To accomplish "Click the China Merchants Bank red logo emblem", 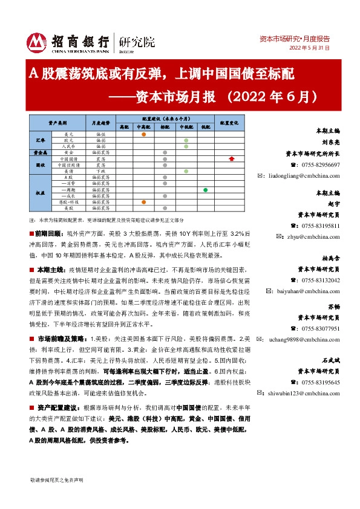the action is coord(37,41).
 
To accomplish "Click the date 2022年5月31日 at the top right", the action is coord(309,48).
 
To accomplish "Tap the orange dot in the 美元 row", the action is coord(143,134).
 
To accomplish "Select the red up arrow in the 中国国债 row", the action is coord(232,159).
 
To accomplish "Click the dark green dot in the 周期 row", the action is coord(206,190).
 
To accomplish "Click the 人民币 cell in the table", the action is coord(68,146).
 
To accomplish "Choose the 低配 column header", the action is coord(206,127).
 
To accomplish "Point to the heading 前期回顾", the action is coord(48,233).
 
